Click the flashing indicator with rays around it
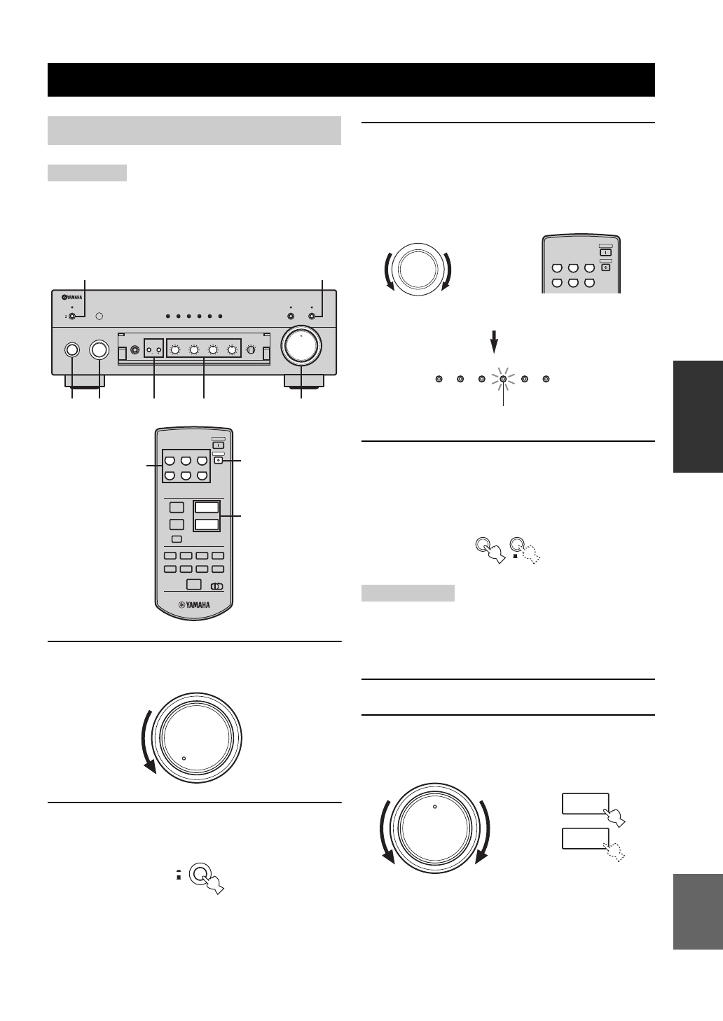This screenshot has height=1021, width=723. tap(503, 379)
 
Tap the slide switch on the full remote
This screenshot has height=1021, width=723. tap(217, 586)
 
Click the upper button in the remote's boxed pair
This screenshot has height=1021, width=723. tap(207, 508)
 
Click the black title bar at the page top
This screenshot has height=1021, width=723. tap(351, 80)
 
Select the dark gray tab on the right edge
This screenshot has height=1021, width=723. tap(698, 417)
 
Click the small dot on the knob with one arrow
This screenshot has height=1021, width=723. tap(184, 757)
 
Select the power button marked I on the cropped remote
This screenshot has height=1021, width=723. tap(606, 252)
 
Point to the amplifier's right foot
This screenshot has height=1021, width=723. tap(303, 382)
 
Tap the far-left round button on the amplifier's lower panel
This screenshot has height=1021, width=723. tap(72, 349)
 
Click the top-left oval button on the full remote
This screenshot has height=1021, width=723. tap(169, 461)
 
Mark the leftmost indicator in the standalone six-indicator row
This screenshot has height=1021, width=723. tap(439, 379)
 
